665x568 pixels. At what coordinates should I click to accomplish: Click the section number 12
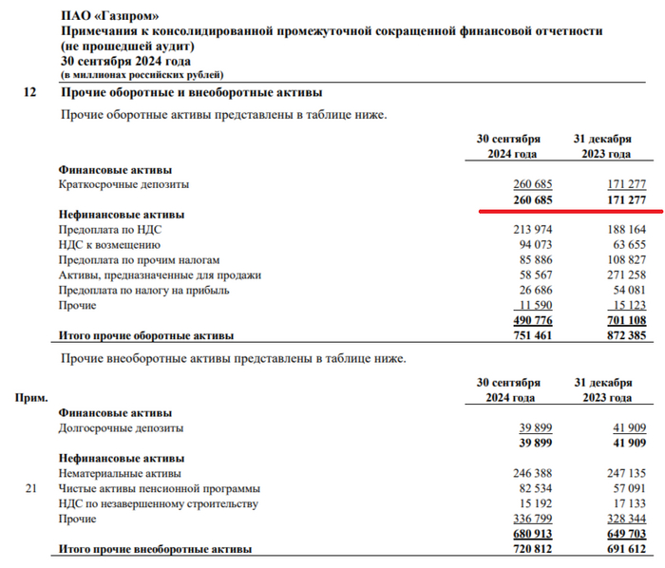29,93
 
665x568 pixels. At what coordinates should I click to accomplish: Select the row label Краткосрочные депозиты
123,183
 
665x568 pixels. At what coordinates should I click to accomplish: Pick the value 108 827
625,260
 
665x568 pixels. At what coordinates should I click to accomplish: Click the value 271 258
625,275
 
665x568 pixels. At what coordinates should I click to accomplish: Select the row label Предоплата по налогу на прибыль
144,291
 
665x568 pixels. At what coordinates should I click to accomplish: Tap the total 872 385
625,336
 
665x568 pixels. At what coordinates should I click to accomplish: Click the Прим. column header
32,400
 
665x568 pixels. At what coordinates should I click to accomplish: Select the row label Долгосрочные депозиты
121,428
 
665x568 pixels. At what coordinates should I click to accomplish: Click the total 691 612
625,550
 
